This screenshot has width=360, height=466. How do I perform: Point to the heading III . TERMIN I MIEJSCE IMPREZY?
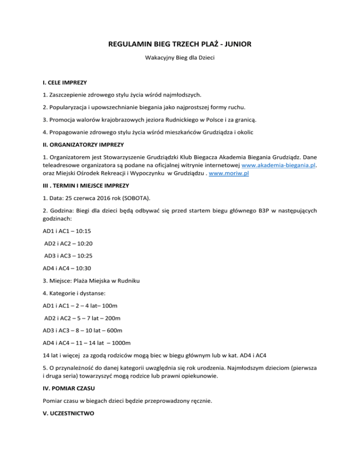coord(90,186)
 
